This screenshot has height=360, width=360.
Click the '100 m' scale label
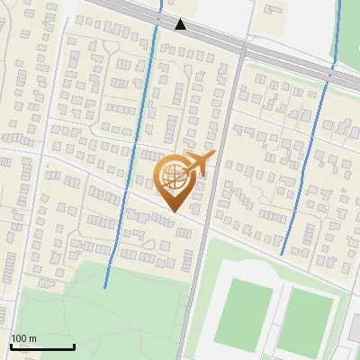[23, 338]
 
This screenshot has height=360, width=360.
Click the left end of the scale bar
[11, 346]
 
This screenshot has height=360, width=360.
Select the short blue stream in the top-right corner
[339, 31]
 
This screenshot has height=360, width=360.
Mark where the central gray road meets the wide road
[241, 49]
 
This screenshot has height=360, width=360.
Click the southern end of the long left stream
[106, 286]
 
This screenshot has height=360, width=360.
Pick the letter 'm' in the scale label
[32, 338]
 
